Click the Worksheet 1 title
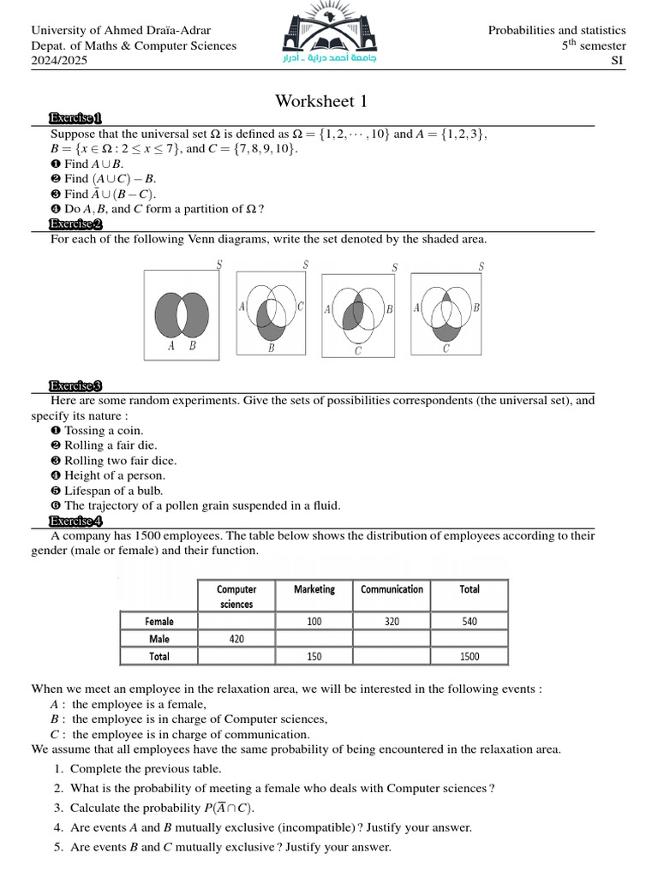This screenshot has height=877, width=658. click(321, 101)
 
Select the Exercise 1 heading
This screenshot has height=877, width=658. click(76, 118)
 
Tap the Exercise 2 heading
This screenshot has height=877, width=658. click(76, 224)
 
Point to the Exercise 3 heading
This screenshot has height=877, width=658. click(76, 386)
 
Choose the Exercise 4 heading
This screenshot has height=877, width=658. click(76, 521)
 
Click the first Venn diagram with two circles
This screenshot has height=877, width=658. click(181, 313)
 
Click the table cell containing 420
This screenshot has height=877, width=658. click(236, 639)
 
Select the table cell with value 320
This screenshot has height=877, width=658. click(392, 622)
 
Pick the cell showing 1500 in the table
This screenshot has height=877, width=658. click(469, 657)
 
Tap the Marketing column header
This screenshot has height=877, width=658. click(314, 589)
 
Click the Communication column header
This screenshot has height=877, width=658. click(392, 589)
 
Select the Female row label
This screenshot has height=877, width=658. click(159, 622)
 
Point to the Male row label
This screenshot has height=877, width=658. click(159, 639)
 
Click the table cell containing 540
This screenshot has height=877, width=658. click(469, 622)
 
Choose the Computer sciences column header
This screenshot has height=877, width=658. click(236, 596)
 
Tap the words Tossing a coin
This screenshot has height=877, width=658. click(104, 431)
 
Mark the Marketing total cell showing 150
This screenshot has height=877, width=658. click(314, 657)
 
